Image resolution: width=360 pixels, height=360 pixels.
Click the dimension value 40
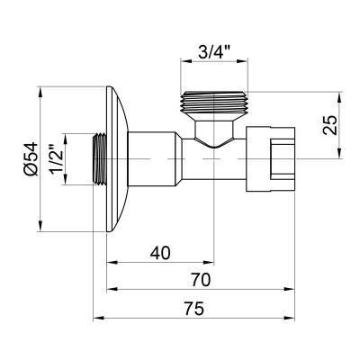coord(160,253)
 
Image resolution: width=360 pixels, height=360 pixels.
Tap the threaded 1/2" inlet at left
coord(100,159)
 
